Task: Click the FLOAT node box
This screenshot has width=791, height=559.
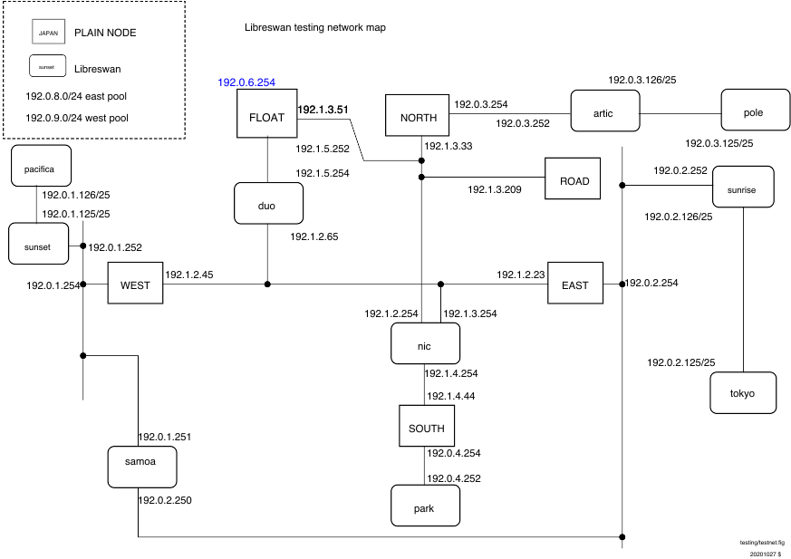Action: tap(267, 113)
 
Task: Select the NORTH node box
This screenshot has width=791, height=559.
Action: tap(417, 115)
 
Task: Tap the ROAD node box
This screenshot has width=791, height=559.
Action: tap(573, 178)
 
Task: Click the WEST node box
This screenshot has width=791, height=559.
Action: tap(135, 283)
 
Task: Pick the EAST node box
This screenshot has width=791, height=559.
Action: tap(575, 283)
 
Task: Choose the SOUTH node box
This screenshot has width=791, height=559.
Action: tap(427, 426)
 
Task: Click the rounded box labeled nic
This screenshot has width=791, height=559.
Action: tap(425, 343)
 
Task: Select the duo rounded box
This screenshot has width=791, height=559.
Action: tap(268, 203)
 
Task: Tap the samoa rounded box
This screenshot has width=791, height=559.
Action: tap(142, 467)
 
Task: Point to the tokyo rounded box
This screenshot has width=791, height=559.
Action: tap(743, 393)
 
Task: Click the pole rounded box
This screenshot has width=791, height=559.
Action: tap(755, 110)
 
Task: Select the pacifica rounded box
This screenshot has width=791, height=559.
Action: tap(41, 166)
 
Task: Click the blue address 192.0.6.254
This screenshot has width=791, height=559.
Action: tap(246, 82)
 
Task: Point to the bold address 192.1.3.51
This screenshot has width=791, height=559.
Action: tap(323, 110)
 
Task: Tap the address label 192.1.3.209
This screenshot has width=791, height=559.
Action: tap(495, 189)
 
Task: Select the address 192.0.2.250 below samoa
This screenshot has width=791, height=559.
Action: tap(165, 500)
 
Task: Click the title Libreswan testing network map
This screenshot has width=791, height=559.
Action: tap(315, 28)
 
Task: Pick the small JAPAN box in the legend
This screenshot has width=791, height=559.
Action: tap(48, 33)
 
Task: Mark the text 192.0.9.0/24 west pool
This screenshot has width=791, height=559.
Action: tap(77, 118)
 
